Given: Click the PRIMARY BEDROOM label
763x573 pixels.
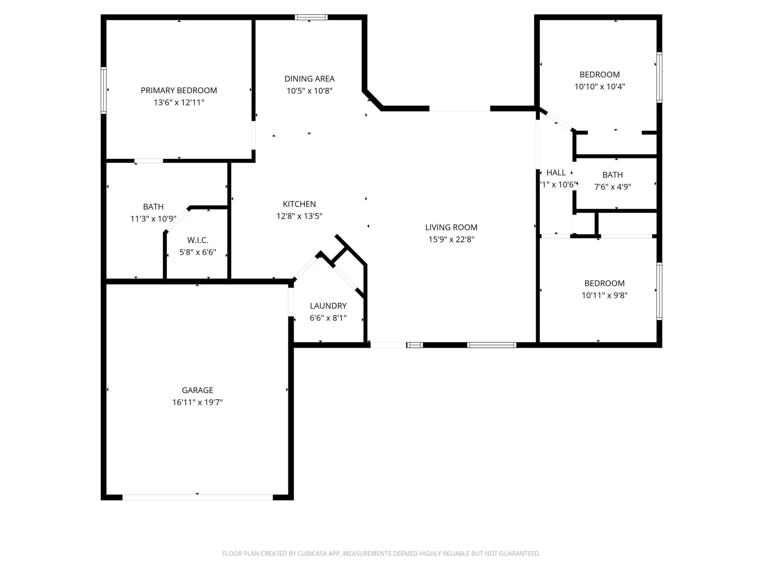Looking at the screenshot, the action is tap(179, 90).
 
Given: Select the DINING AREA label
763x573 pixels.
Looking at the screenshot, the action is tap(309, 79).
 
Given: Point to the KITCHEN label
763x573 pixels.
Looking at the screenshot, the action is tap(299, 204).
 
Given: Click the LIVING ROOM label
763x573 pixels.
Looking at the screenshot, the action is tap(451, 227).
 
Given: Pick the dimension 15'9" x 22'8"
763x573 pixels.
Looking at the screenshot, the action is tap(451, 239).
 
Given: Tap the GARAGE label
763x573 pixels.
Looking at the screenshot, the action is tap(197, 390).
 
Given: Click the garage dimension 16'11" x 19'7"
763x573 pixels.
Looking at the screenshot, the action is tap(197, 402).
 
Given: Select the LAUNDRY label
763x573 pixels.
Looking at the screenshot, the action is tap(328, 306).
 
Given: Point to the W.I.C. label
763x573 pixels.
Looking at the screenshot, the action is tap(198, 240).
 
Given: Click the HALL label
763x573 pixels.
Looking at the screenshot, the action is tap(556, 173).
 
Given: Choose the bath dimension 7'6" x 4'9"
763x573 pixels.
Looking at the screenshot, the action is tap(612, 187).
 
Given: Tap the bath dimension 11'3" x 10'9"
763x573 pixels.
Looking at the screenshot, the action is tap(153, 219).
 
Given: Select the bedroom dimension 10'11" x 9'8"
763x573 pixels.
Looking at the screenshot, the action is tap(604, 295).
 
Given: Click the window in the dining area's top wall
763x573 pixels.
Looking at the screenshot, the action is tap(311, 17).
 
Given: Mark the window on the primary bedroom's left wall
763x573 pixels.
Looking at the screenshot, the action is tap(104, 90).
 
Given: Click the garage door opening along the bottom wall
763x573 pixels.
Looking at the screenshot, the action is tap(197, 497).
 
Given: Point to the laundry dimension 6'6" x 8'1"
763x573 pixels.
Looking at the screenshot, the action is tap(328, 318).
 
